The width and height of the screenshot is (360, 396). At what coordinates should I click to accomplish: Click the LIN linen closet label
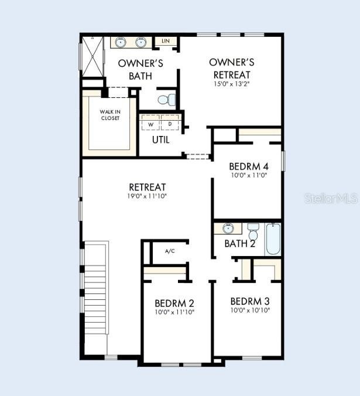166,41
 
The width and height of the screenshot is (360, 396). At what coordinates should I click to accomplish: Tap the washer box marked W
150,122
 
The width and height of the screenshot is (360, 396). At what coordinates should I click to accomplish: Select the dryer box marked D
170,122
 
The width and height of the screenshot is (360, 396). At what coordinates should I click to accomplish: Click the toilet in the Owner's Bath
167,100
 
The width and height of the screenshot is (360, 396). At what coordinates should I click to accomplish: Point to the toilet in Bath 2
253,231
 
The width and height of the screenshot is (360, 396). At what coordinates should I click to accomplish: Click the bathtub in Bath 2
273,238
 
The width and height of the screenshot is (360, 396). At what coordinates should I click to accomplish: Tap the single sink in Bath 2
228,228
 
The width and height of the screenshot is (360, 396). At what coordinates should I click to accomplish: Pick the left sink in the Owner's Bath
121,42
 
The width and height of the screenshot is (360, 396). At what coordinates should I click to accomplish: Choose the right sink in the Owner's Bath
140,42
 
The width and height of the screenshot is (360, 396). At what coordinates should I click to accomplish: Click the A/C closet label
170,251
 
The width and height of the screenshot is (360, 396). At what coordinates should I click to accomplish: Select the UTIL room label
161,139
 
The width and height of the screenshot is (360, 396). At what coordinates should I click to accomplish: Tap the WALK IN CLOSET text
110,115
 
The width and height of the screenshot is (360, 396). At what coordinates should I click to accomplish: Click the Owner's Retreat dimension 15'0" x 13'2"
231,84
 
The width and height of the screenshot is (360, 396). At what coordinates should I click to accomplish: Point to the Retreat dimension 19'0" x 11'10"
148,196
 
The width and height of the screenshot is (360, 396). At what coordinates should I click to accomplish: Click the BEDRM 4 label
249,167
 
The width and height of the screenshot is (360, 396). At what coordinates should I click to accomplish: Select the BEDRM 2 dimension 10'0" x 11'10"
174,312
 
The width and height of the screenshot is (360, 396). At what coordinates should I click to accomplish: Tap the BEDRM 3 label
250,301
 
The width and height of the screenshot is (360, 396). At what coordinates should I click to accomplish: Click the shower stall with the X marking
93,57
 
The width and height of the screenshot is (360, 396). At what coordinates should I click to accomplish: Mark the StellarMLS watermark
331,199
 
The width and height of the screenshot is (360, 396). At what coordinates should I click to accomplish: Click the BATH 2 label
239,244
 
